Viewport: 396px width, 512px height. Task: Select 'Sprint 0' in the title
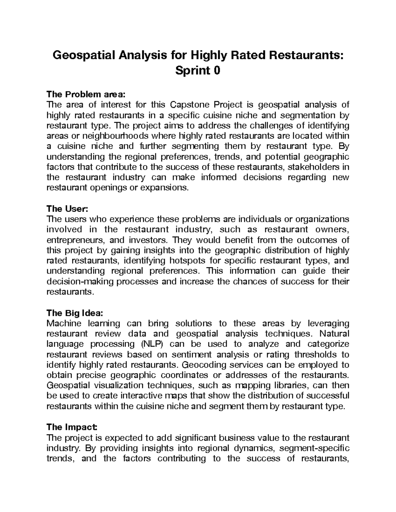click(197, 71)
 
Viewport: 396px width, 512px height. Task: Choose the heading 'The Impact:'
click(72, 427)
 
